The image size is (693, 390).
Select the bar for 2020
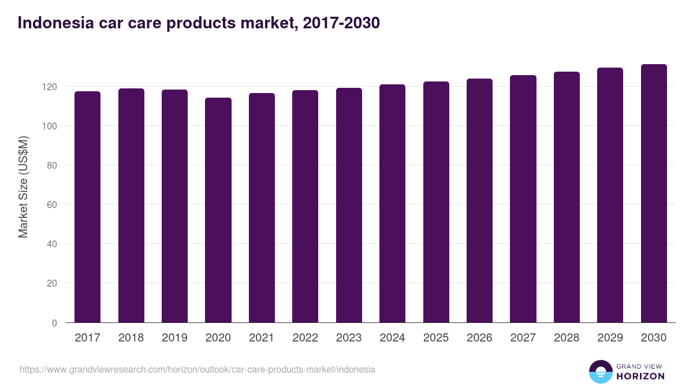coord(218,210)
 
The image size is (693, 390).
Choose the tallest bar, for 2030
coord(654,194)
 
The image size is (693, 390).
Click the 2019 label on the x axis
coord(174,338)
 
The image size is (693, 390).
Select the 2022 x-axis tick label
coord(305,338)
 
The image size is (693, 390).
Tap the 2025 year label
coord(436,338)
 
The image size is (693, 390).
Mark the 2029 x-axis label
coord(610,338)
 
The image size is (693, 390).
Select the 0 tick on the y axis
coord(55,323)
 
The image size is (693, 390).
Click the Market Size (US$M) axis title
coord(23,186)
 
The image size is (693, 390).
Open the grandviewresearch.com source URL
coord(198,369)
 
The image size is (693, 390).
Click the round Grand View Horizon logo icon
coord(600,372)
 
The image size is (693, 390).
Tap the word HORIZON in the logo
coord(640,376)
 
